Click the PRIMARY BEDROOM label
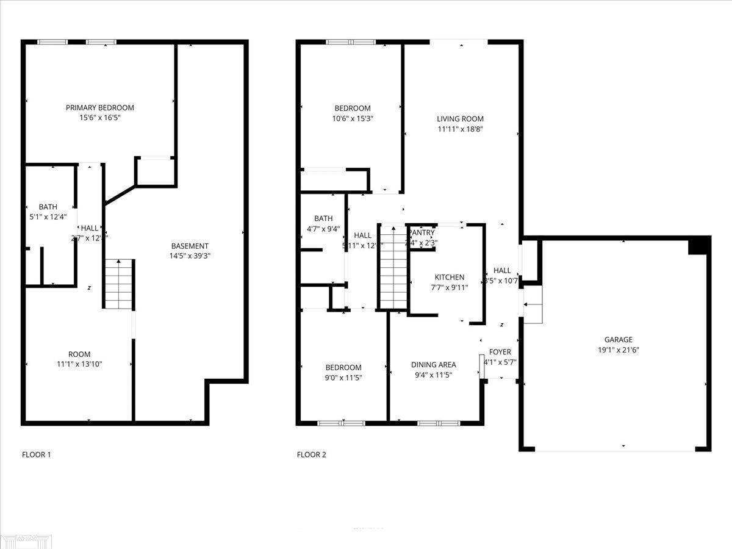tap(100, 108)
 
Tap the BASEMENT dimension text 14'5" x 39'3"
tap(190, 256)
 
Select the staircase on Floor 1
tap(118, 284)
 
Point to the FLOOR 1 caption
tap(37, 454)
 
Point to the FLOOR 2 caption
tap(311, 454)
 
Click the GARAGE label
tap(618, 340)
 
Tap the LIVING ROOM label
tap(460, 119)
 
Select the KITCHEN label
tap(449, 278)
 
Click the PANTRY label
tap(422, 233)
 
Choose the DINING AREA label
tap(433, 365)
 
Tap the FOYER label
tap(500, 352)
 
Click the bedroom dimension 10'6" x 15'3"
tap(348, 119)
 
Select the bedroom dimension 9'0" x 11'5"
tap(343, 378)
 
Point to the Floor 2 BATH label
tap(323, 218)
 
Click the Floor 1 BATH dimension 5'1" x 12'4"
tap(48, 217)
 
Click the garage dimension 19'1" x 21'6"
tap(618, 350)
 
